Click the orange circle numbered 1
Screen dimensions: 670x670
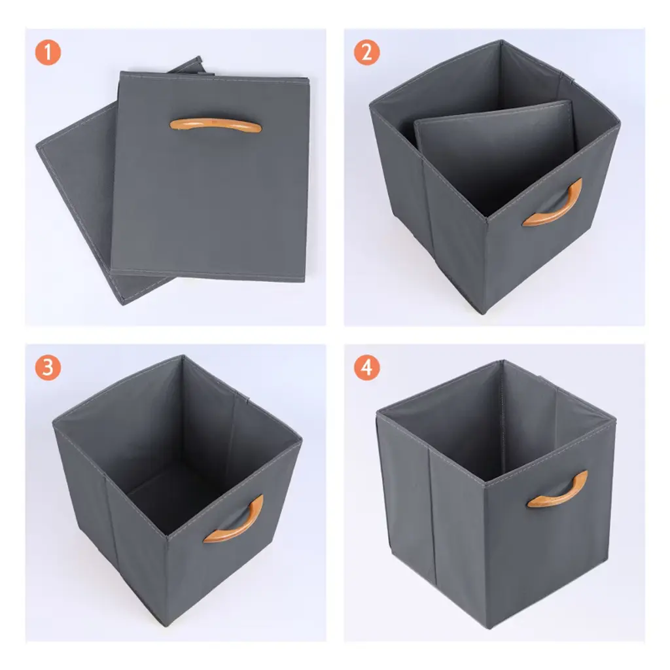(48, 52)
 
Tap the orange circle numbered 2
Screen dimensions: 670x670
(366, 52)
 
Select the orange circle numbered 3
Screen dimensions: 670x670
(48, 368)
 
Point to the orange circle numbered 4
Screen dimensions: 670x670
(366, 368)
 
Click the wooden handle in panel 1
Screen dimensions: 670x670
(216, 125)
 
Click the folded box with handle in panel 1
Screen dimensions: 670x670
(210, 176)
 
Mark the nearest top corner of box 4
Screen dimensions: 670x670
(484, 484)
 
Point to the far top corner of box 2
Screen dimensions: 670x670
(502, 41)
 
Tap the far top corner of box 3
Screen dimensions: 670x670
(183, 355)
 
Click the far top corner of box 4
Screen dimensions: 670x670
(503, 361)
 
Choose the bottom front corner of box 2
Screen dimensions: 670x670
(483, 314)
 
